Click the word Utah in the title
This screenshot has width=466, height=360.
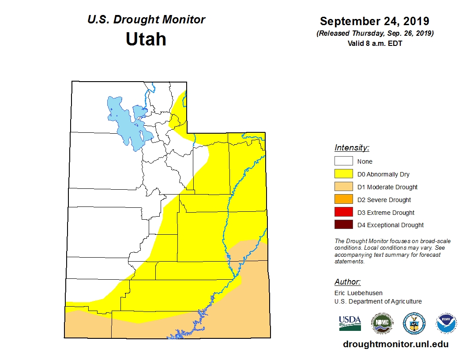[146, 39]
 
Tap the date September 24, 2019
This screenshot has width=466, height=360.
[374, 21]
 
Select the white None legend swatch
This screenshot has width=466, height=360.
[343, 161]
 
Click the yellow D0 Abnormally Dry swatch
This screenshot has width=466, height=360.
[343, 174]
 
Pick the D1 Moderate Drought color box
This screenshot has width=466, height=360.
[343, 187]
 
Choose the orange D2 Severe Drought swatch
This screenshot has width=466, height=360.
[343, 200]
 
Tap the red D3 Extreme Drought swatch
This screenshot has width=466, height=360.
[343, 213]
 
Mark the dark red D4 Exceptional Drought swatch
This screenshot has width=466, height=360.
[343, 225]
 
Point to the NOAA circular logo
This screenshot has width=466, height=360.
[446, 323]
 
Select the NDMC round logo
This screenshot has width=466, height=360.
[382, 323]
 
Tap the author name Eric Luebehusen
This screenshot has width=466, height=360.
[358, 293]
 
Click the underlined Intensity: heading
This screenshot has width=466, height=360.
[352, 148]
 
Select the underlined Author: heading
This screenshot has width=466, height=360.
[347, 282]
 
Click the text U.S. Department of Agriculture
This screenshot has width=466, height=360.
[378, 302]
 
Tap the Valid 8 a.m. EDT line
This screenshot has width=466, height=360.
[374, 43]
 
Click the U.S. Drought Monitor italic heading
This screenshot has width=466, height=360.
[146, 20]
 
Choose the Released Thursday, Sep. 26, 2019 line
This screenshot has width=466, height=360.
[375, 34]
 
